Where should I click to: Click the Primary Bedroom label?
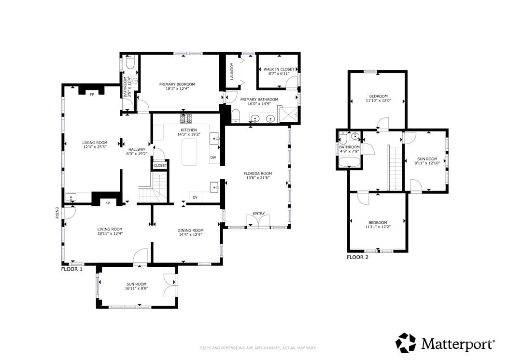(177, 84)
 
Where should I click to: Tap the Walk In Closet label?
(279, 69)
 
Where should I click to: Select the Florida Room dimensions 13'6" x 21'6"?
(258, 178)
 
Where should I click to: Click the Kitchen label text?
(189, 130)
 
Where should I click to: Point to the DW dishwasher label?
(213, 158)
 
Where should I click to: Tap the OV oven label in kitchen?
(195, 197)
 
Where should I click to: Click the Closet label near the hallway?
(160, 165)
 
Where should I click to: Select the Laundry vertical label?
(232, 71)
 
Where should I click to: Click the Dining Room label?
(191, 230)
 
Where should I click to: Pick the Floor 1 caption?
(72, 269)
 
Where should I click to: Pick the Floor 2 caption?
(358, 258)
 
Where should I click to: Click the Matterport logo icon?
(406, 343)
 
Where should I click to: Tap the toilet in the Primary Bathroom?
(236, 116)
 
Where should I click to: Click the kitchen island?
(189, 152)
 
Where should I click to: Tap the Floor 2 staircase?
(395, 168)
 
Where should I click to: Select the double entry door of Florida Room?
(259, 222)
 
